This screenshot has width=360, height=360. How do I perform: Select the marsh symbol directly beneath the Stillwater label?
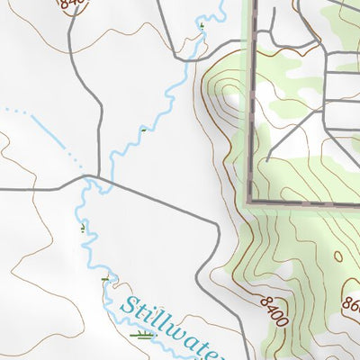tap(142, 336)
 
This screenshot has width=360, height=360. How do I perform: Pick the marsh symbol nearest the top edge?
tap(202, 28)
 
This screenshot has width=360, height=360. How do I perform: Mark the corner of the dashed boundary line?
tap(249, 200)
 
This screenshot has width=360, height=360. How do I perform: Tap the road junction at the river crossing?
tap(89, 179)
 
